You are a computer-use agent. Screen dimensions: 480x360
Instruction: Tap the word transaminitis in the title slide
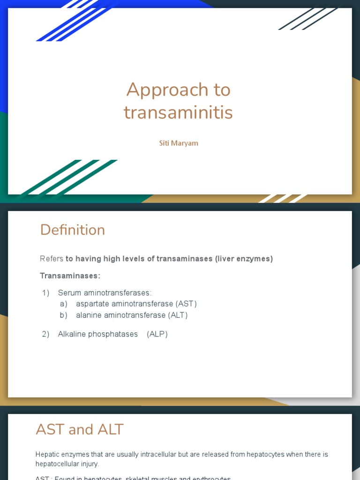[x=178, y=112]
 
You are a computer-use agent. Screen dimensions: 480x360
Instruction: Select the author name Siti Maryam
[x=178, y=143]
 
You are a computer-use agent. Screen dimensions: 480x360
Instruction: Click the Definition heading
[x=72, y=230]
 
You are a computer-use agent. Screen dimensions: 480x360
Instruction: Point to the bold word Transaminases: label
[x=70, y=276]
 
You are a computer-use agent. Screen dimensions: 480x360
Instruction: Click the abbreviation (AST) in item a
[x=186, y=304]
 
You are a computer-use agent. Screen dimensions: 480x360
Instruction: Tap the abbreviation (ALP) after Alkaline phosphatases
[x=157, y=334]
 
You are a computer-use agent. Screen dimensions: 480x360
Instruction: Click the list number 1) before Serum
[x=45, y=293]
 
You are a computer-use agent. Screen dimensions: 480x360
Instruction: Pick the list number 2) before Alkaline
[x=45, y=334]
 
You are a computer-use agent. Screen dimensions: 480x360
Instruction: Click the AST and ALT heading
[x=80, y=429]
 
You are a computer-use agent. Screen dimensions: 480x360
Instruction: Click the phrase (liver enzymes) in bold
[x=244, y=259]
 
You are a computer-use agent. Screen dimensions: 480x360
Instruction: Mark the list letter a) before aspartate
[x=64, y=304]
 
